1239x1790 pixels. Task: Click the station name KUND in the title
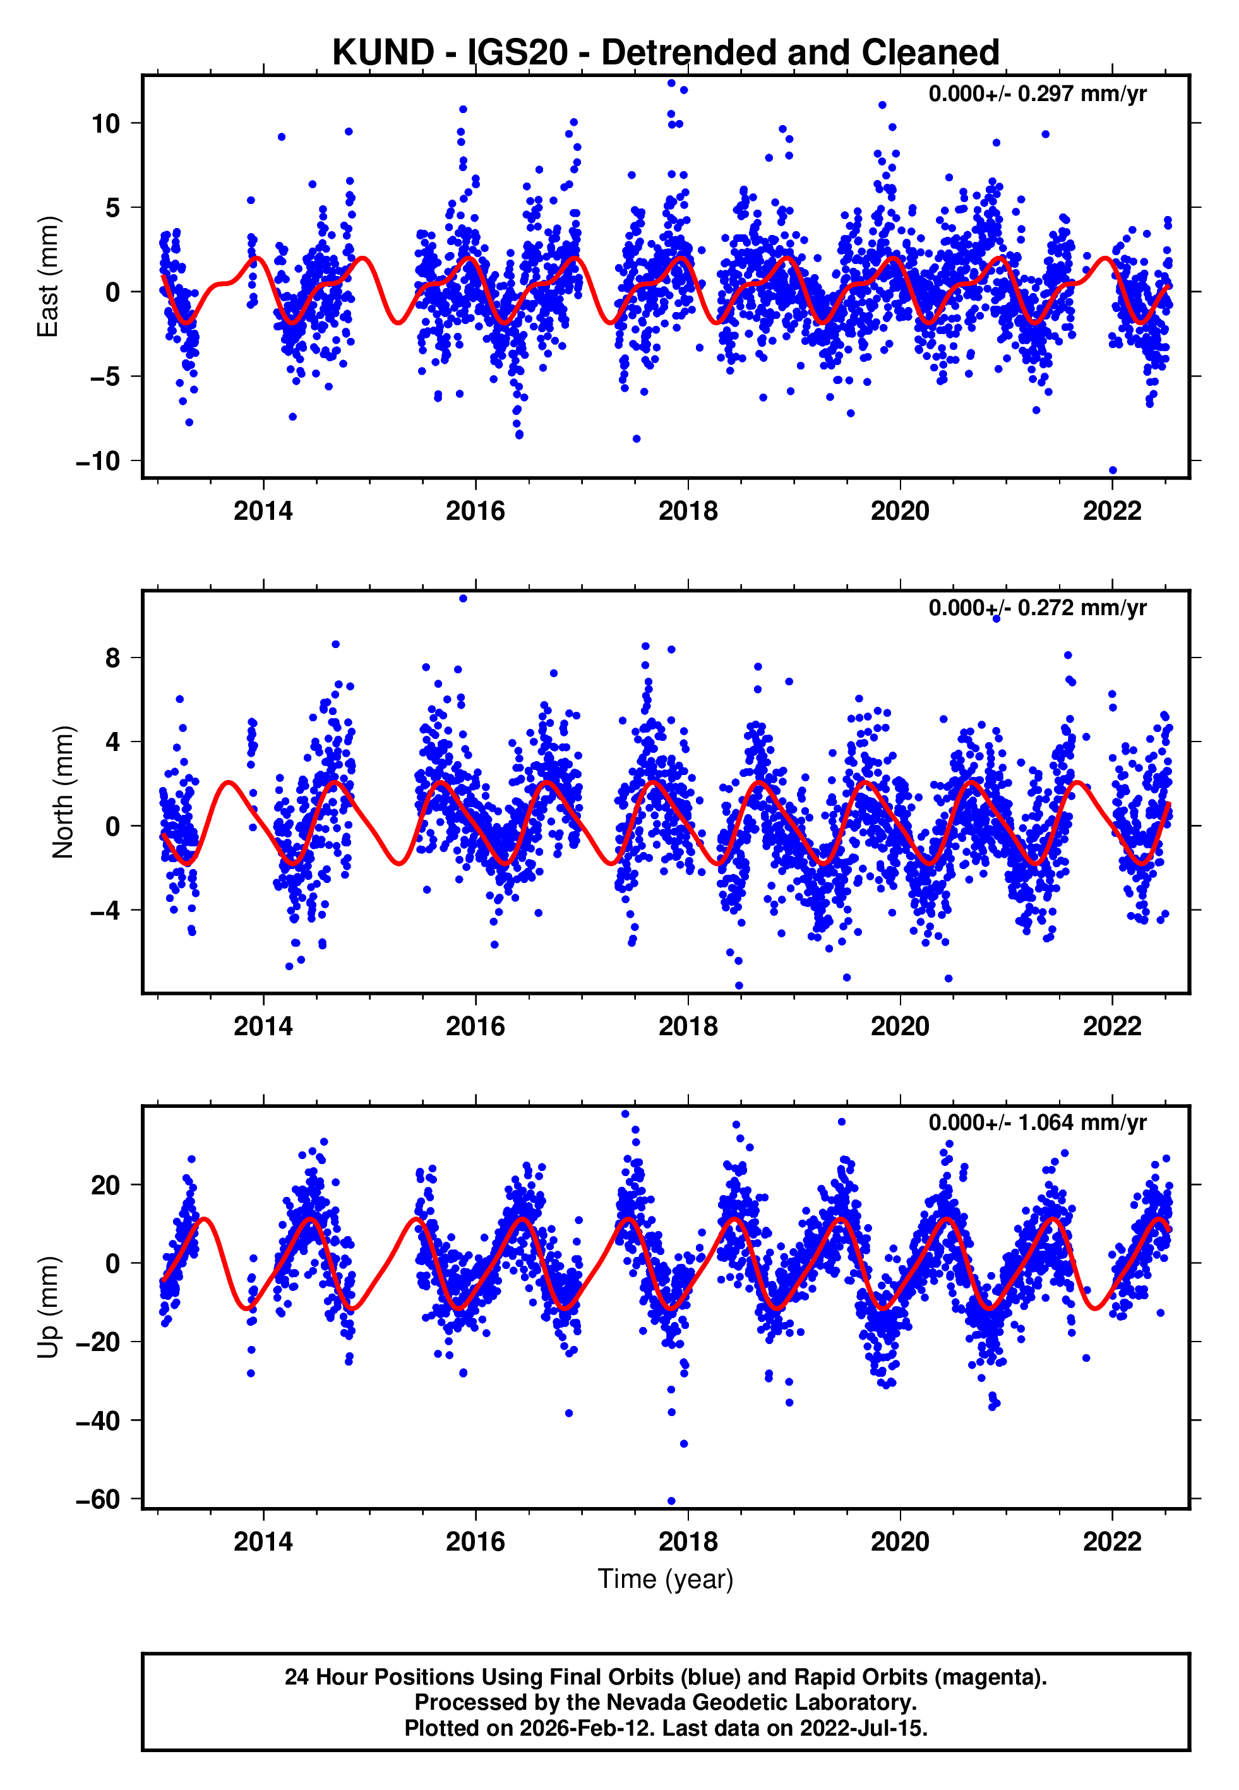click(383, 53)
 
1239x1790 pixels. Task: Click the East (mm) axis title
click(48, 277)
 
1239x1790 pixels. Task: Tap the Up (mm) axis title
click(48, 1307)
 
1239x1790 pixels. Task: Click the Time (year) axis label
click(666, 1580)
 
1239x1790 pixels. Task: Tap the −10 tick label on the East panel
click(98, 461)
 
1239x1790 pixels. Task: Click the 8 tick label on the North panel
click(112, 658)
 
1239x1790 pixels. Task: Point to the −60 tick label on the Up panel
click(98, 1499)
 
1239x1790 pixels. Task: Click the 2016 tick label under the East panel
click(475, 511)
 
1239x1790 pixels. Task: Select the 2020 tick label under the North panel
click(900, 1026)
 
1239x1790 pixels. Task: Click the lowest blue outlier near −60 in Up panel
click(671, 1501)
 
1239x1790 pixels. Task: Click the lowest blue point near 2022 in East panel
click(1113, 471)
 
